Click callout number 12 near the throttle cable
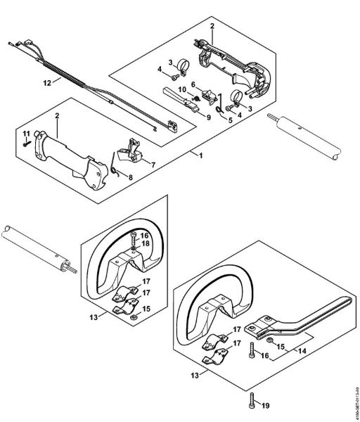47,83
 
